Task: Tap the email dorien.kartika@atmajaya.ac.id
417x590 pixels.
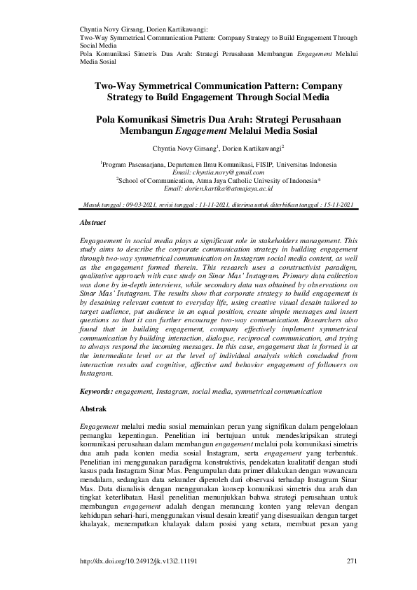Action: coord(217,188)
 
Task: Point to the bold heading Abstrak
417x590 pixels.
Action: coord(92,408)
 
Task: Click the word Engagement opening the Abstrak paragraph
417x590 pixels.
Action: coord(98,426)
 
